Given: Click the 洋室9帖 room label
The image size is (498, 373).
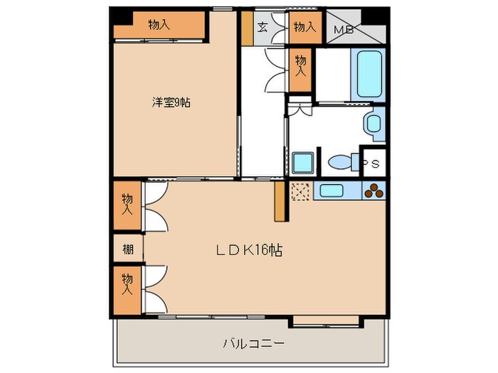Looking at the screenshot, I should click(171, 102).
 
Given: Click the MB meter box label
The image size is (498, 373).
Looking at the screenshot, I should click(343, 30).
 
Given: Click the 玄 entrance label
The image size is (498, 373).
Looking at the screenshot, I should click(262, 28).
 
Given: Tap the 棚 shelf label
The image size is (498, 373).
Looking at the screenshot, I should click(127, 249).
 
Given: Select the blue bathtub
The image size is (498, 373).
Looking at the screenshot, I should click(370, 74).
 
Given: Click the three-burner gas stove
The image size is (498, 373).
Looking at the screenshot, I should click(373, 190).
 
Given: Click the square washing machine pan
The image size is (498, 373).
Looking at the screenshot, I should click(302, 162).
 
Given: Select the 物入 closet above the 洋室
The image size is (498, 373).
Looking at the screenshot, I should click(159, 25).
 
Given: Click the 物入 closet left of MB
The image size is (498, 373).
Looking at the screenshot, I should click(304, 28).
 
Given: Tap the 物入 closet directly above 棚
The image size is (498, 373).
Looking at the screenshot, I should click(127, 205).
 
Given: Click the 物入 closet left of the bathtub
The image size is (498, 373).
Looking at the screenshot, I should click(300, 67).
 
